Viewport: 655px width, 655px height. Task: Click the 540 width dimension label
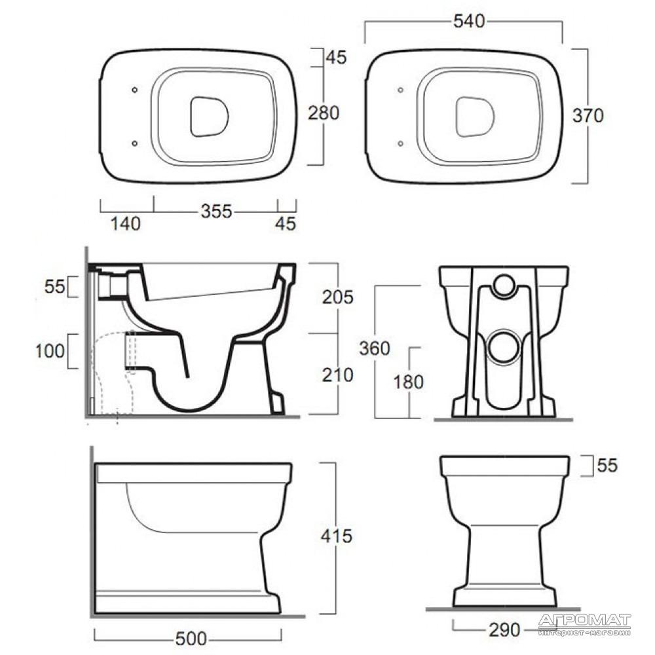pyautogui.click(x=469, y=22)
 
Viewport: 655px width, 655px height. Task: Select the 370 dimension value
pyautogui.click(x=588, y=116)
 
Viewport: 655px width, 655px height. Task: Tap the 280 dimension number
pyautogui.click(x=324, y=113)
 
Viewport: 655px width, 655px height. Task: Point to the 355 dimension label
pyautogui.click(x=216, y=211)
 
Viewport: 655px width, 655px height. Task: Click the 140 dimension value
pyautogui.click(x=125, y=223)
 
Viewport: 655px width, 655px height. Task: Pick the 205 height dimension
pyautogui.click(x=337, y=297)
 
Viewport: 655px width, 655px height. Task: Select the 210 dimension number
pyautogui.click(x=337, y=375)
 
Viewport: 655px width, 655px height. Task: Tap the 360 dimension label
pyautogui.click(x=374, y=348)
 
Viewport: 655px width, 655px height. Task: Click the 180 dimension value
pyautogui.click(x=408, y=382)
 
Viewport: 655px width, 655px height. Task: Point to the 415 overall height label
pyautogui.click(x=336, y=536)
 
